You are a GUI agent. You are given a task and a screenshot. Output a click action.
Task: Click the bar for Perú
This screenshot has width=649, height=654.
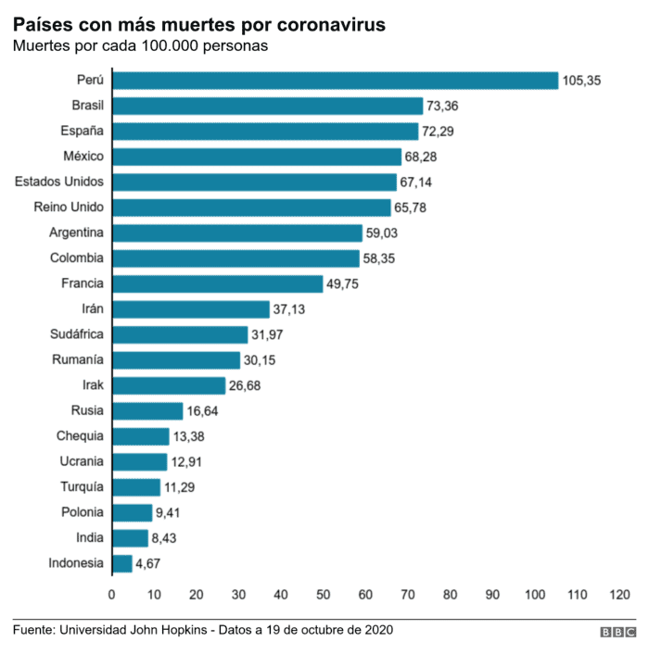(x=334, y=81)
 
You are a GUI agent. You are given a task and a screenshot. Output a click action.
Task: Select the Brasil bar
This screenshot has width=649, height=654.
(x=267, y=106)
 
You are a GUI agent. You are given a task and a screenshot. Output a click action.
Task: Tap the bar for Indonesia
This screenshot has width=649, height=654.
(x=121, y=562)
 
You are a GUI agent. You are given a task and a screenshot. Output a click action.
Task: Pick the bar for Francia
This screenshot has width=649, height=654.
(x=217, y=283)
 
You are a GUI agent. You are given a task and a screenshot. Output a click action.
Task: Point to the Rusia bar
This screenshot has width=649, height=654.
(x=146, y=410)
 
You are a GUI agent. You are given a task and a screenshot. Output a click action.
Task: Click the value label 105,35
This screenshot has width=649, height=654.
(x=582, y=82)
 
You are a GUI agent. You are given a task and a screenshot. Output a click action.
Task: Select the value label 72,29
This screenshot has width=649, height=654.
(x=440, y=132)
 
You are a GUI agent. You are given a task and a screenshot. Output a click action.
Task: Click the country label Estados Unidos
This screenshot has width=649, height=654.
(x=59, y=182)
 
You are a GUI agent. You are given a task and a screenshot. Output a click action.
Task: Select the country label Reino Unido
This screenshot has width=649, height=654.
(x=68, y=207)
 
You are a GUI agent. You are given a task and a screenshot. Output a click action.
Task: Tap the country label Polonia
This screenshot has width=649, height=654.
(x=81, y=511)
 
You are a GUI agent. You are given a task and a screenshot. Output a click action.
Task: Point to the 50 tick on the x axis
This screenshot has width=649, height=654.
(x=323, y=594)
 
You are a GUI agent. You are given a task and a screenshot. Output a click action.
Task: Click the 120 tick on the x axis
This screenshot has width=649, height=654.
(x=619, y=594)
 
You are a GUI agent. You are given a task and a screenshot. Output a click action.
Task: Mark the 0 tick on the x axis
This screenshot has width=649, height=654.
(x=111, y=594)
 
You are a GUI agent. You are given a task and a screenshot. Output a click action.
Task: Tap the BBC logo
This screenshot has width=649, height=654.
(x=617, y=632)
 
